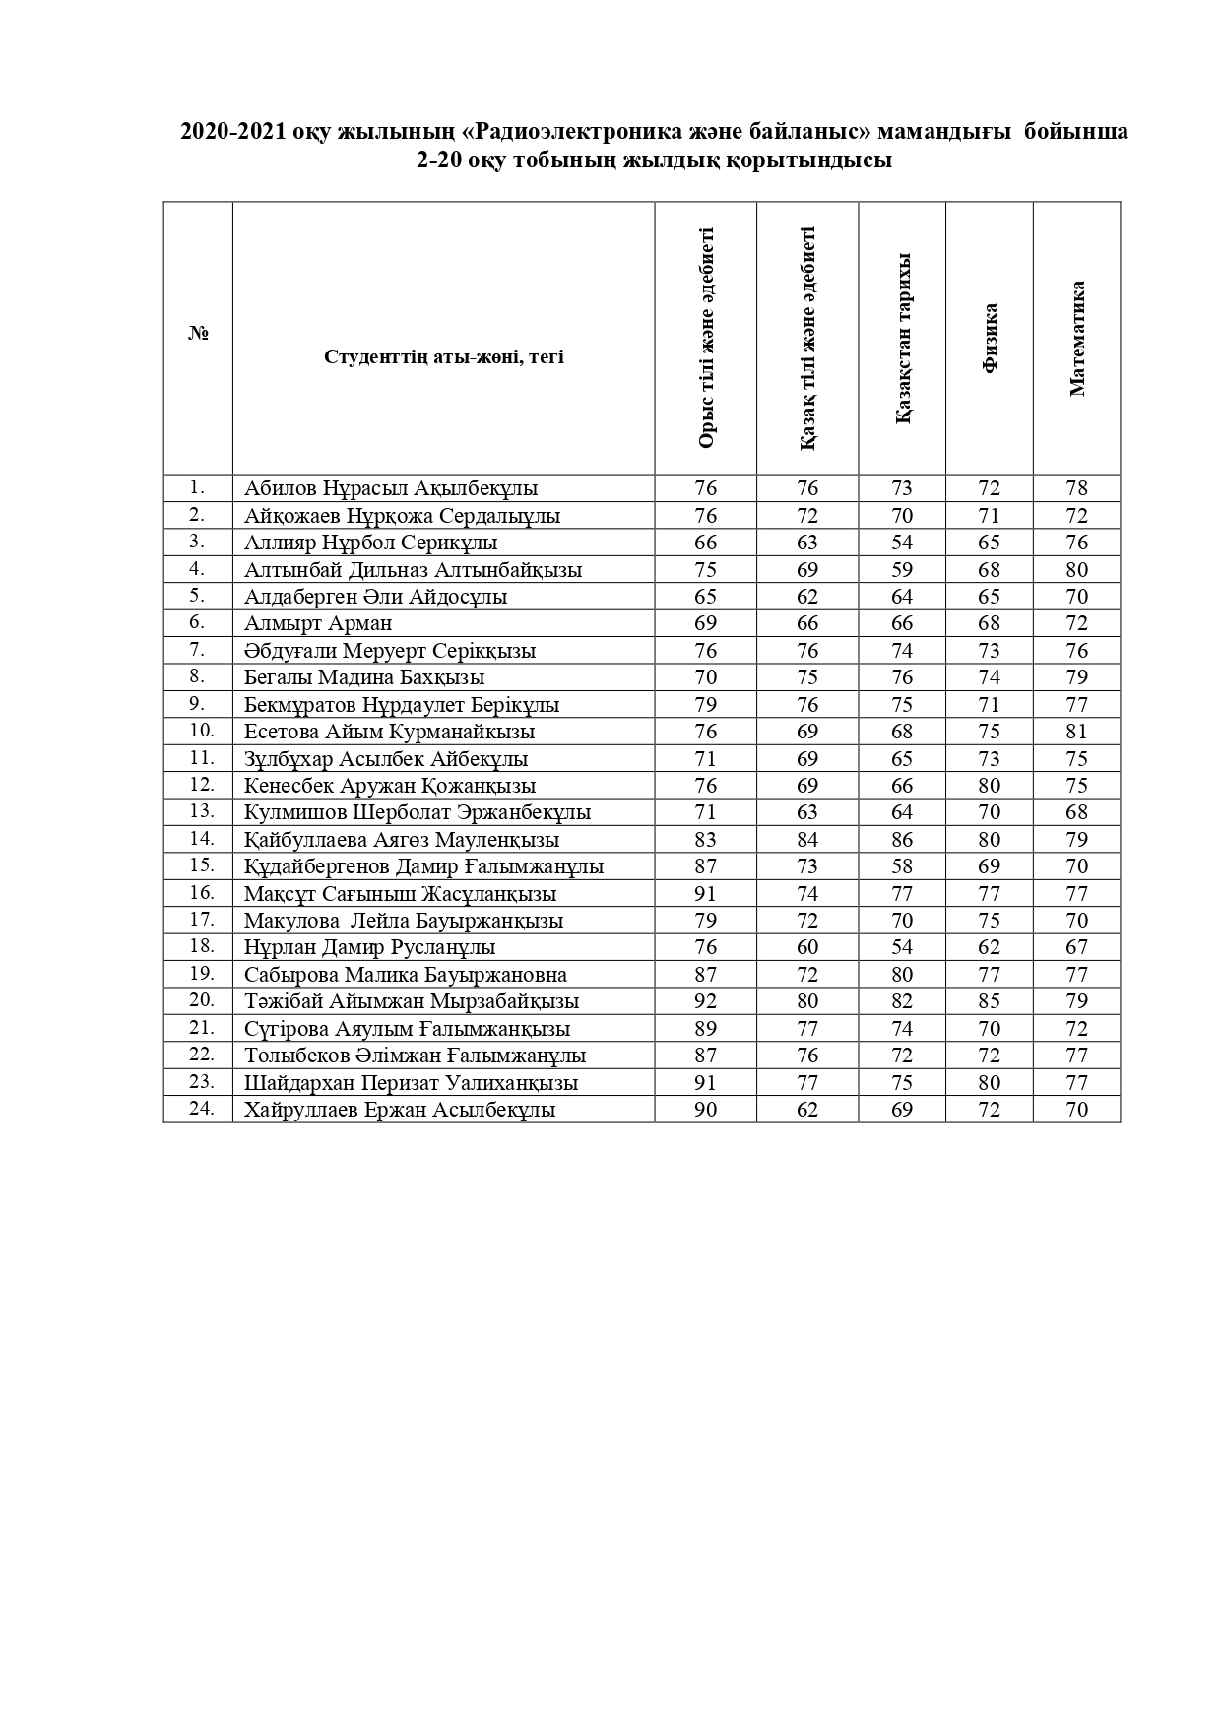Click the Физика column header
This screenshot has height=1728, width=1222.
(990, 339)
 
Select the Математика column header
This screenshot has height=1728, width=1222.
(1077, 339)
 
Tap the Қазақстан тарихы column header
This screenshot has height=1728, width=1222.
(902, 339)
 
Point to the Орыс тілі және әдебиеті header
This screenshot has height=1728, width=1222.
(705, 339)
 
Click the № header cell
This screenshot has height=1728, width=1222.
(198, 334)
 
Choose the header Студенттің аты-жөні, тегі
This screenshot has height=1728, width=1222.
(443, 356)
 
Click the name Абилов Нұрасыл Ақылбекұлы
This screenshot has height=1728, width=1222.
(391, 488)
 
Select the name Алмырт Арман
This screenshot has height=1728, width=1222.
(318, 623)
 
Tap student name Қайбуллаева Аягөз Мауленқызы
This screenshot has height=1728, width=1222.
(402, 840)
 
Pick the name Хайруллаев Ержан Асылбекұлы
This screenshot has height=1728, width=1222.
(400, 1110)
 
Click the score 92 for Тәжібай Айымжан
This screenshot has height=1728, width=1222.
(705, 1001)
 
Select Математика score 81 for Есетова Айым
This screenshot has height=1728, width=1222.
(1077, 732)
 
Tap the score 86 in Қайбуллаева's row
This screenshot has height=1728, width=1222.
(902, 840)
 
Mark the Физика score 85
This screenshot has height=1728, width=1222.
(990, 1001)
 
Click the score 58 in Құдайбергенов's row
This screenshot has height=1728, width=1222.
(902, 866)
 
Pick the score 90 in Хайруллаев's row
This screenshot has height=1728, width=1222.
(705, 1110)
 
